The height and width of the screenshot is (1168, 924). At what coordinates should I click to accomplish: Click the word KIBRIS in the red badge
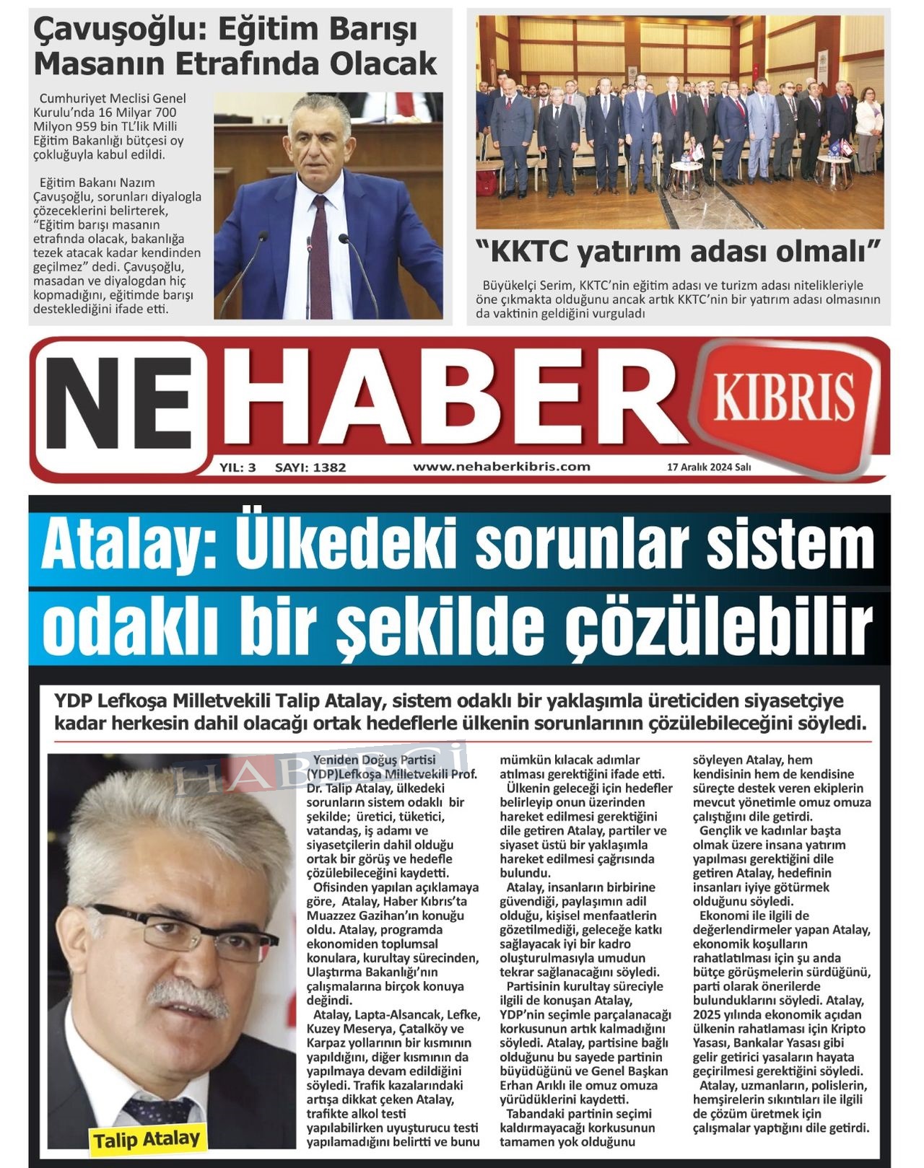tap(784, 397)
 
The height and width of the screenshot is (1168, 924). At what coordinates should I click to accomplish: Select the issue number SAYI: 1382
tap(310, 467)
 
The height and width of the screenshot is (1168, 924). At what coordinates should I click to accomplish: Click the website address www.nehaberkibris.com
tap(502, 466)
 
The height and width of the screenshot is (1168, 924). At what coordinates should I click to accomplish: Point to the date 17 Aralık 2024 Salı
tap(709, 467)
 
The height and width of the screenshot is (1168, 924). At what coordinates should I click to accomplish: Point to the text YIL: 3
tap(237, 467)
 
